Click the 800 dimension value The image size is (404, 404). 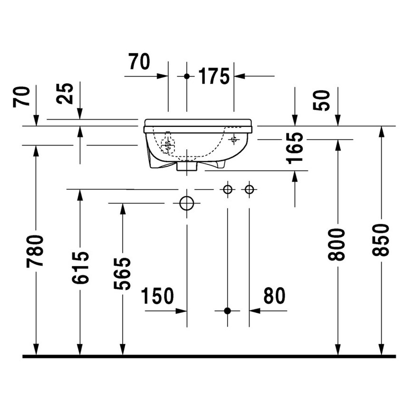(337, 244)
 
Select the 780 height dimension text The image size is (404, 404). (36, 250)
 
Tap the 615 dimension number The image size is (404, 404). (80, 268)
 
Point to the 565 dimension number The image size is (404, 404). (123, 273)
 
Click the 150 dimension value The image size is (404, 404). (157, 296)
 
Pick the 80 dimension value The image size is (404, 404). (274, 296)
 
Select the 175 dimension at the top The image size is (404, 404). (213, 76)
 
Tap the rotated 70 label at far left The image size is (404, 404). (22, 97)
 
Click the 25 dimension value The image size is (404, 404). (66, 94)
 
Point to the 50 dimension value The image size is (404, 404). (324, 99)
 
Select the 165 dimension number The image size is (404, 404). (295, 147)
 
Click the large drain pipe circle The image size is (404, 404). (187, 203)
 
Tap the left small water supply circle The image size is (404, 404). (228, 190)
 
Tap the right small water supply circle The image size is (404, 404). (249, 190)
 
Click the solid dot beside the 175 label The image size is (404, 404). (187, 76)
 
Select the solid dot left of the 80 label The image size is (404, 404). (227, 311)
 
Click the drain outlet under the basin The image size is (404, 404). (187, 166)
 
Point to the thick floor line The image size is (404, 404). (209, 356)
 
